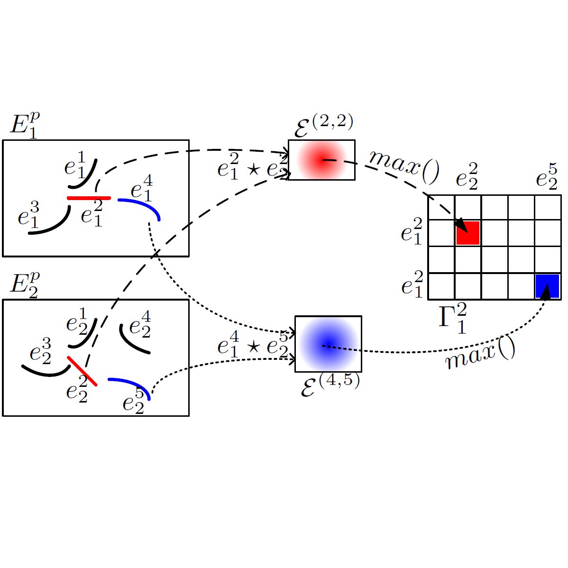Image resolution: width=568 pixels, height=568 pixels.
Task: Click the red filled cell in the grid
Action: coord(468,233)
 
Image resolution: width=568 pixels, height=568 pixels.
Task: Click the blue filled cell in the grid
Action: coord(548,286)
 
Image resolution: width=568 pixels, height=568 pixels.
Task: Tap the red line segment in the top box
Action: coord(89,198)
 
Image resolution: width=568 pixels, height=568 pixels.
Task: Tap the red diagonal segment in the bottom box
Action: coord(82,371)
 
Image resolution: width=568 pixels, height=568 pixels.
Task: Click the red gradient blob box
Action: coord(321,160)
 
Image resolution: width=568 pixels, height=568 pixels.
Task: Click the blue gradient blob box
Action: coord(328,344)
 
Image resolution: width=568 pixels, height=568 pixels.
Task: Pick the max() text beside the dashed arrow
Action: coord(404,166)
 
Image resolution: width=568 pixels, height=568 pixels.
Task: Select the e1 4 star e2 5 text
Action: coord(253,345)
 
